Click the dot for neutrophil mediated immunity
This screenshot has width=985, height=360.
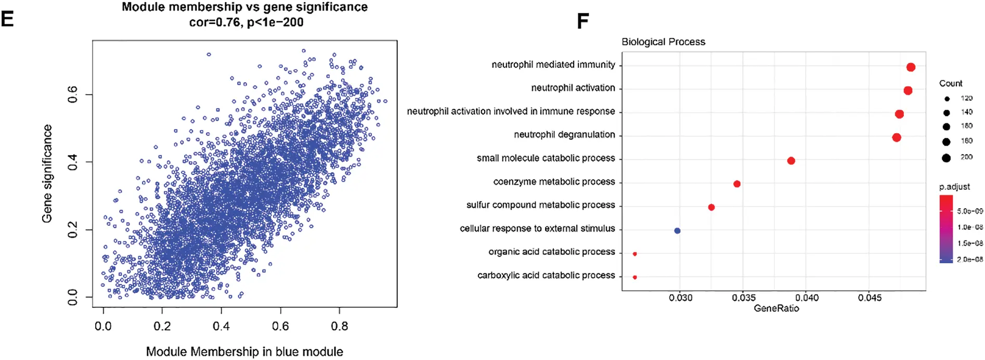point(911,67)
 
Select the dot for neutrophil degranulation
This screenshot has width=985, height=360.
point(897,137)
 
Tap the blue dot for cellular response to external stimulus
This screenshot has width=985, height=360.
point(677,230)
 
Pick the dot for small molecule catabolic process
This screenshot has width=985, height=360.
point(791,161)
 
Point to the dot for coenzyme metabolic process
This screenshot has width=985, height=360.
point(737,184)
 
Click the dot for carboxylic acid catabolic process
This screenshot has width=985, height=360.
point(634,277)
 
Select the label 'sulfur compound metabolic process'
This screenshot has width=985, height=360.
point(540,205)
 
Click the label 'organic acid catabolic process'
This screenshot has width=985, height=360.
point(551,252)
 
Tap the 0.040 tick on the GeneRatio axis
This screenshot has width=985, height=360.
point(807,298)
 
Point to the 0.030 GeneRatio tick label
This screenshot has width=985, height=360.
point(680,298)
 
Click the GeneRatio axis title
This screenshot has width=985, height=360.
point(776,308)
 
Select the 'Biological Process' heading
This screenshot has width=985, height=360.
point(663,42)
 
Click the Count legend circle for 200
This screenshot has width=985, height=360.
point(946,158)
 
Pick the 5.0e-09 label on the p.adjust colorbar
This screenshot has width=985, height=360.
point(970,211)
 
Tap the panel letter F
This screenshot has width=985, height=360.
point(583,21)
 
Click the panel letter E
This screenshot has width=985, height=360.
point(7,19)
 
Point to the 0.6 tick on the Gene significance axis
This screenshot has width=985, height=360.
point(73,95)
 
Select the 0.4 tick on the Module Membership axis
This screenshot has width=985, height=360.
point(221,326)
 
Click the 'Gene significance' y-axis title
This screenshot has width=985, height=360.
point(47,173)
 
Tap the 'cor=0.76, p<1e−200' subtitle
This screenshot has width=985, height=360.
point(246,22)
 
